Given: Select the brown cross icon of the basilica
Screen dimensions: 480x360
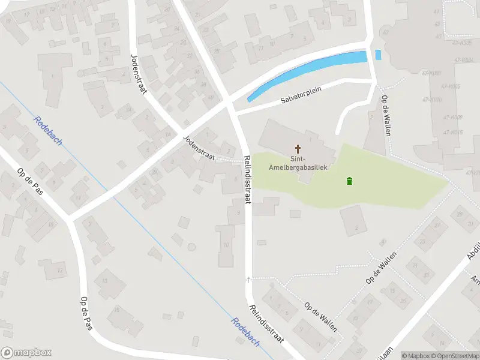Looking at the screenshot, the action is (298, 148).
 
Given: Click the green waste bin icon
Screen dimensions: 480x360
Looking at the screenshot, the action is (349, 181).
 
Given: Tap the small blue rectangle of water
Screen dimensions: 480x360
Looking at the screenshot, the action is (378, 55).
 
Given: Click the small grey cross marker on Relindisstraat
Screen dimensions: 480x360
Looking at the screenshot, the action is (249, 280).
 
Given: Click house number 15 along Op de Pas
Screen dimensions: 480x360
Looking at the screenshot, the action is (117, 310).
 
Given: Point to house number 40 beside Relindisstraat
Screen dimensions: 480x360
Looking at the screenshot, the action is (211, 97).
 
